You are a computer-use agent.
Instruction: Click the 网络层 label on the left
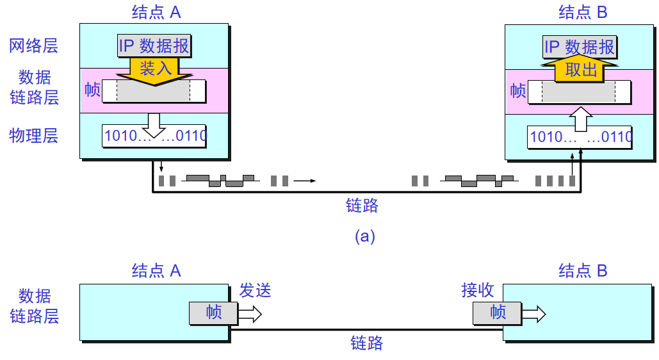tap(33, 45)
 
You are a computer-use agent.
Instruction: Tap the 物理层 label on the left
tap(33, 136)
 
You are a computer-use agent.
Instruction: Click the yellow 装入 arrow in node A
tap(154, 69)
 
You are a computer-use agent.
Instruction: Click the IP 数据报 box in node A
tap(154, 46)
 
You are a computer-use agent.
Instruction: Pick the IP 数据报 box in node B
tap(579, 47)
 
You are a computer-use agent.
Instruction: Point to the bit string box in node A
tap(154, 136)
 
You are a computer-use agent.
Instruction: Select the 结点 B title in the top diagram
tap(582, 12)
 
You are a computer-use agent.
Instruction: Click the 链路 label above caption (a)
tap(362, 205)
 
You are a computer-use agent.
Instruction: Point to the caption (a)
tap(365, 236)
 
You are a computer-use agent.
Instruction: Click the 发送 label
tap(256, 290)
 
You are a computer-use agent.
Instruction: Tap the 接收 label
tap(478, 290)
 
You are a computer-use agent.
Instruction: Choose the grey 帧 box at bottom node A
tap(213, 313)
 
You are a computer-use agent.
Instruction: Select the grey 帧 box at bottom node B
tap(498, 313)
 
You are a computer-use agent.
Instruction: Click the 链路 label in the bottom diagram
tap(366, 343)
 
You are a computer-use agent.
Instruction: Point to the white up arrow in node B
tap(581, 119)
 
